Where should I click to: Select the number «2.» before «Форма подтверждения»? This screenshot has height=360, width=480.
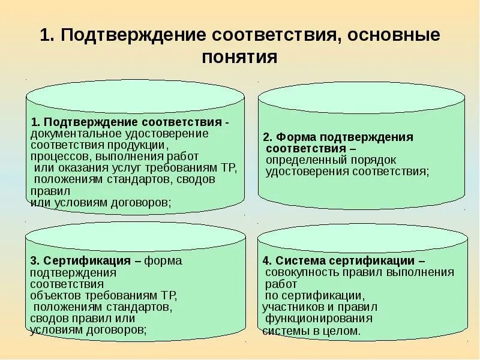coord(268,137)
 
